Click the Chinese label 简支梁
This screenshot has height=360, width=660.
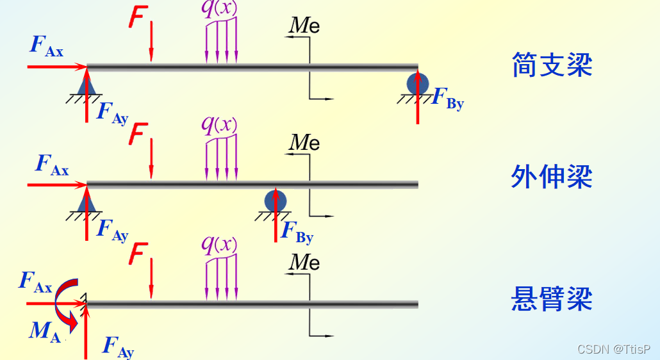552,65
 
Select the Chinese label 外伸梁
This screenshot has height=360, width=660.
552,177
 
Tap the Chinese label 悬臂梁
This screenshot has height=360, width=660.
552,299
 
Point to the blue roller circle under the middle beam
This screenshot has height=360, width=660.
276,201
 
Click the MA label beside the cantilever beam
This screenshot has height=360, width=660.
45,331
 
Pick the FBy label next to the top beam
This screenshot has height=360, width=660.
447,99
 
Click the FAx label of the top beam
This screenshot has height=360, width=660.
46,45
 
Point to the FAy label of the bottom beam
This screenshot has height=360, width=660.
118,347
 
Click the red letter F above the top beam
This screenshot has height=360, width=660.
137,17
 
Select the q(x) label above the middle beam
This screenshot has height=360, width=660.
219,124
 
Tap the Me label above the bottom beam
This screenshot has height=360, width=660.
304,262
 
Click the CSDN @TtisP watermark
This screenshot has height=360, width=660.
613,349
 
